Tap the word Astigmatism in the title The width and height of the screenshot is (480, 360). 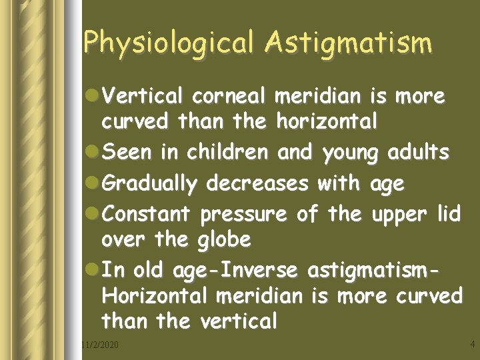pos(347,43)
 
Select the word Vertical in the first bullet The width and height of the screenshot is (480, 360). pos(143,97)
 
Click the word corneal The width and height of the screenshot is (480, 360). pos(230,97)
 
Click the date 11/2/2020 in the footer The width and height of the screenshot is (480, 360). pos(98,345)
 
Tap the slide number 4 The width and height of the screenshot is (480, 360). pos(472,345)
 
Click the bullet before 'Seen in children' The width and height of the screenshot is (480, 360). pos(93,153)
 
